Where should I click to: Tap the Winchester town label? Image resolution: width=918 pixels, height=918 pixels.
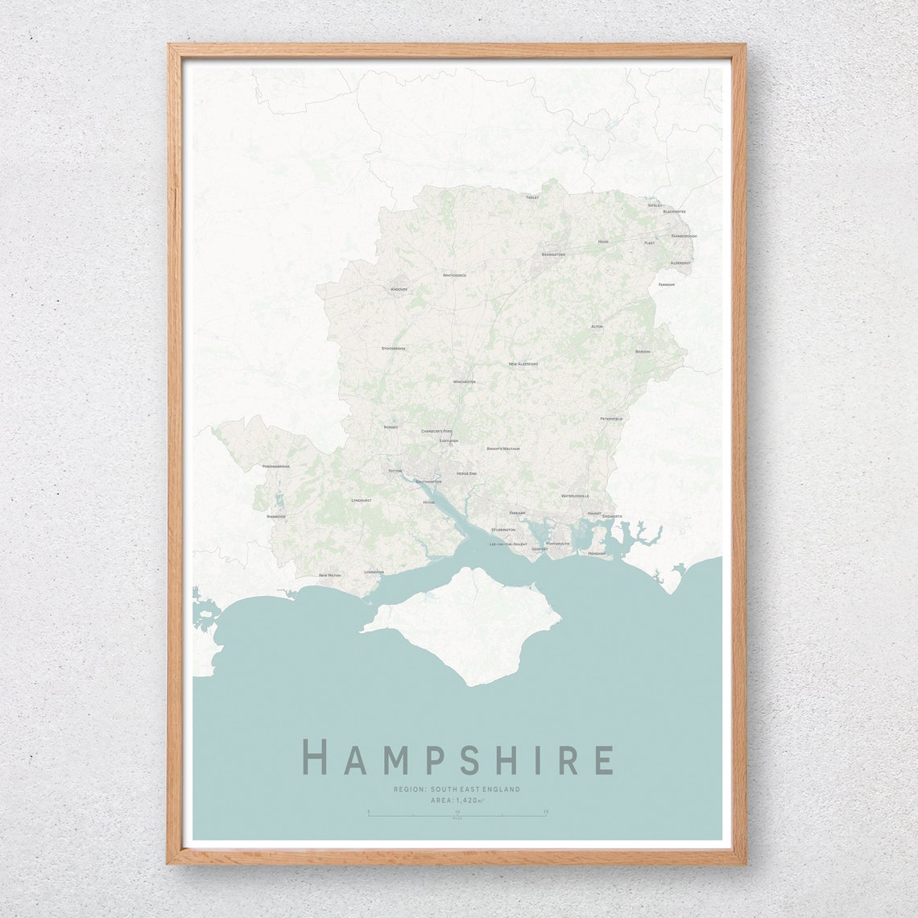[x=464, y=382]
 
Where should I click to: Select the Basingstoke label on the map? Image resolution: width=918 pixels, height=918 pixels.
[x=553, y=254]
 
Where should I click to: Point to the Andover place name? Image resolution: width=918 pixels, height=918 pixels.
[x=399, y=289]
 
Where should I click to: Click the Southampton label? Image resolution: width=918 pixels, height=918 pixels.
[x=428, y=482]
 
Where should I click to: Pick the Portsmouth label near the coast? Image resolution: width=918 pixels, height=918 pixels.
[x=557, y=544]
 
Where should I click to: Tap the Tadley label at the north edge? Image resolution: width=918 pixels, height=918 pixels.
[x=531, y=197]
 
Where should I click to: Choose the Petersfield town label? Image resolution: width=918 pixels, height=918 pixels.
[x=611, y=419]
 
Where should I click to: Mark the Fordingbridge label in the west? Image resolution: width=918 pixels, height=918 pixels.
[x=275, y=466]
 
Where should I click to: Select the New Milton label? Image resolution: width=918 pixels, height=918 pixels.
[x=330, y=575]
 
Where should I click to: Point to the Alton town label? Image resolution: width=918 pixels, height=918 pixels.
[x=597, y=326]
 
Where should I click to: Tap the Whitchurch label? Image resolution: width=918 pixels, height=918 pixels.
[x=454, y=275]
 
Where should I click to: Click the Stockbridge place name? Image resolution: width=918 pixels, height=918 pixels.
[x=394, y=349]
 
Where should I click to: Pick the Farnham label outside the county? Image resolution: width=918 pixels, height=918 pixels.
[x=666, y=284]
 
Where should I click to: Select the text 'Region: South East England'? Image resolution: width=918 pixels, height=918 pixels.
[x=457, y=789]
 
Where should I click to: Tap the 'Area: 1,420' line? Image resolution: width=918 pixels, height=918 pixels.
[x=457, y=800]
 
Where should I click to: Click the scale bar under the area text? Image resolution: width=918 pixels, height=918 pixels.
[x=457, y=815]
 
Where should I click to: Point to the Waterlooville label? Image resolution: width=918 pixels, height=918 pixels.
[x=575, y=496]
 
